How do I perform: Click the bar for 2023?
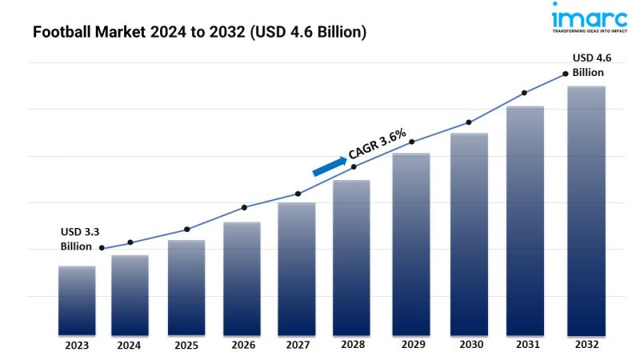point(77,300)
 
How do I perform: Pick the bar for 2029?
point(411,243)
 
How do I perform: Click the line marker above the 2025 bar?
point(187,230)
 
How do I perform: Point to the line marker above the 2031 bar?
point(525,93)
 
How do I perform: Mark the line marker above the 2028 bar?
point(354,166)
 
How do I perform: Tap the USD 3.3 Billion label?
point(80,238)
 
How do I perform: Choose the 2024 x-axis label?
point(130,346)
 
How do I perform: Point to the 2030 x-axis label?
point(470,346)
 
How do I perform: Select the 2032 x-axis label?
point(586,345)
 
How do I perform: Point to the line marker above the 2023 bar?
point(102,248)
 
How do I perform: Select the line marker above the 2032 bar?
point(565,74)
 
